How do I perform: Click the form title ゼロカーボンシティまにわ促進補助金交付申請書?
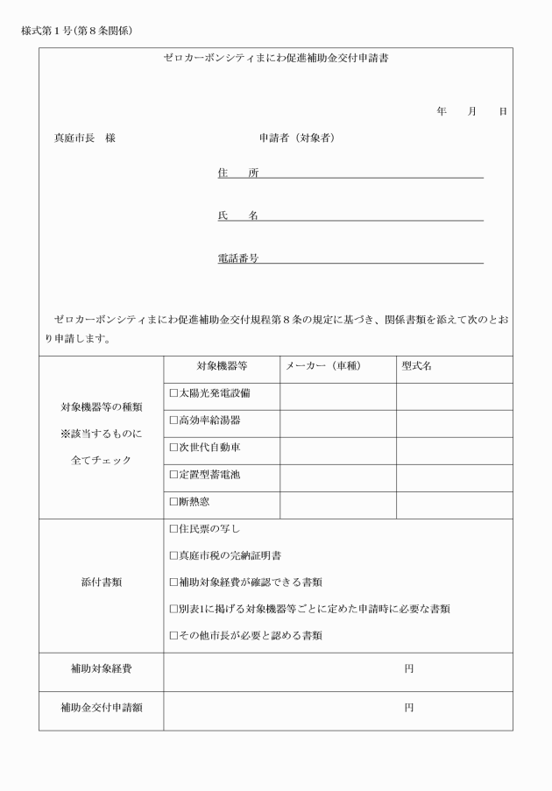276,60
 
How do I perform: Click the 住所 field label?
237,173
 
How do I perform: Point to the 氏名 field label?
237,215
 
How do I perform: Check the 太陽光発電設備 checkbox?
173,393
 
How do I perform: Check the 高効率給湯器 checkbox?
173,420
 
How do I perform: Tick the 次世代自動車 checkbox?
173,448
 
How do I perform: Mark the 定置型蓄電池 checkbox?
173,475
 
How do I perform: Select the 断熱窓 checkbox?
173,503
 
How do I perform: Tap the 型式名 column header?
417,366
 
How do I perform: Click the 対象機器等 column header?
222,366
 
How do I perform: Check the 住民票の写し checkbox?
173,529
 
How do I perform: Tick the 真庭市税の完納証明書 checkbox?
173,555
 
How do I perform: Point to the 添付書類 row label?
101,583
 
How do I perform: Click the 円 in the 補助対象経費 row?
408,669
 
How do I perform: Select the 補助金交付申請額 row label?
101,708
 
